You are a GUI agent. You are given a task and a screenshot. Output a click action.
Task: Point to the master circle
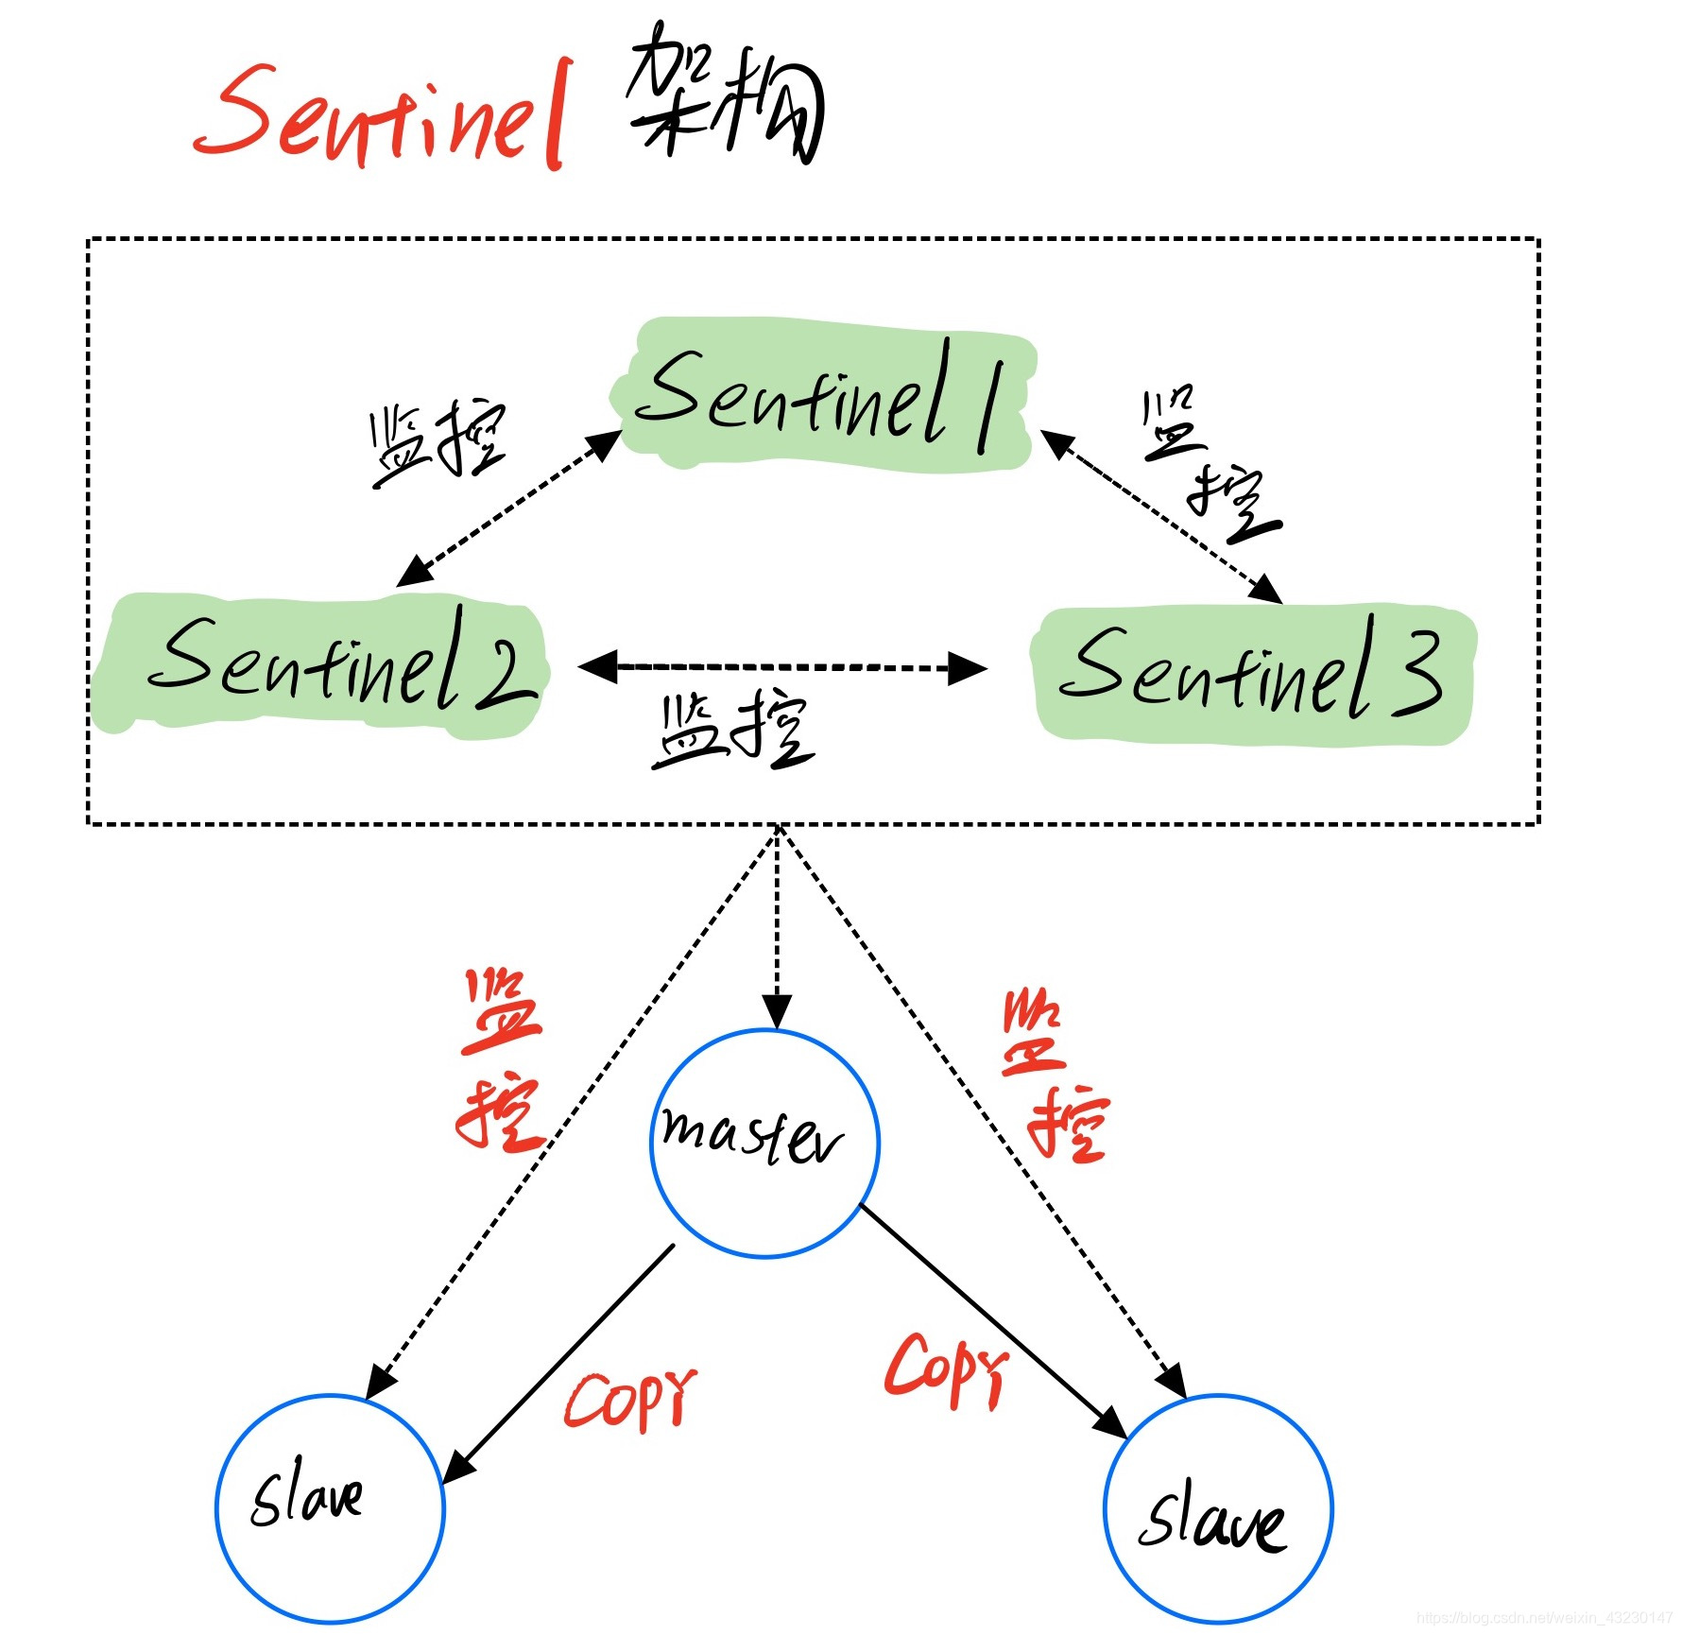pyautogui.click(x=764, y=1143)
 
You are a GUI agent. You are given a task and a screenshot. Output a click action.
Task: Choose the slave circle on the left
pyautogui.click(x=330, y=1507)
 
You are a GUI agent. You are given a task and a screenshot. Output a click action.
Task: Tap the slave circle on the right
pyautogui.click(x=1217, y=1508)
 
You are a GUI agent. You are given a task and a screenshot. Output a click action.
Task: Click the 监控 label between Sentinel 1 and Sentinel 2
pyautogui.click(x=437, y=442)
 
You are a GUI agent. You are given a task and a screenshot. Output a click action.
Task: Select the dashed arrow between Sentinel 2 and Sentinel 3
pyautogui.click(x=782, y=667)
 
